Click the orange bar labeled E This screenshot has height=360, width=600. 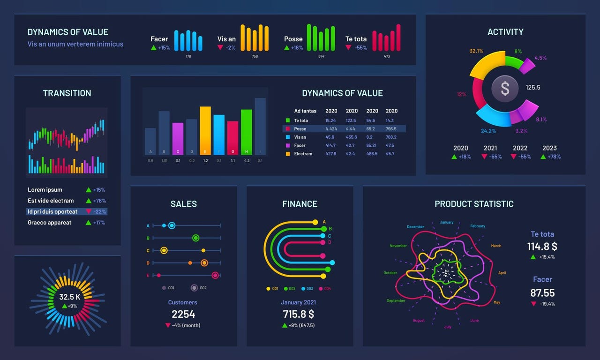(205, 130)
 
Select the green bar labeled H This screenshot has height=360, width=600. (247, 132)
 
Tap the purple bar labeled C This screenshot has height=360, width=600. (178, 138)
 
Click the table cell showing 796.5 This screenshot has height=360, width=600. (391, 129)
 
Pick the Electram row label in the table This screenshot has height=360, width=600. (303, 154)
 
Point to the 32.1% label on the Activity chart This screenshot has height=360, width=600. (476, 51)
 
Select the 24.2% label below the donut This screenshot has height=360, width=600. (488, 131)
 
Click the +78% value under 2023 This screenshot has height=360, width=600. (554, 157)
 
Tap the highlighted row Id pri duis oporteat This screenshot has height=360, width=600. (53, 211)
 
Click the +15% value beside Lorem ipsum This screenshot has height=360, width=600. (99, 190)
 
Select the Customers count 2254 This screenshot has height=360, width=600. (183, 314)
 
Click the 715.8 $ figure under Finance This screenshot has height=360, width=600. (299, 314)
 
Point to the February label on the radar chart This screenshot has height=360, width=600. (478, 226)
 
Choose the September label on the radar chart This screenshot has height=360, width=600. (396, 300)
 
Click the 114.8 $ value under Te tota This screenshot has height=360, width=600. (542, 247)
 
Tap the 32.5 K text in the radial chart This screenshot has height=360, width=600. (69, 297)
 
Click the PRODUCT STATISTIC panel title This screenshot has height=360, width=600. (474, 204)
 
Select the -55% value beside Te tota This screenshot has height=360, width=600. (360, 48)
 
